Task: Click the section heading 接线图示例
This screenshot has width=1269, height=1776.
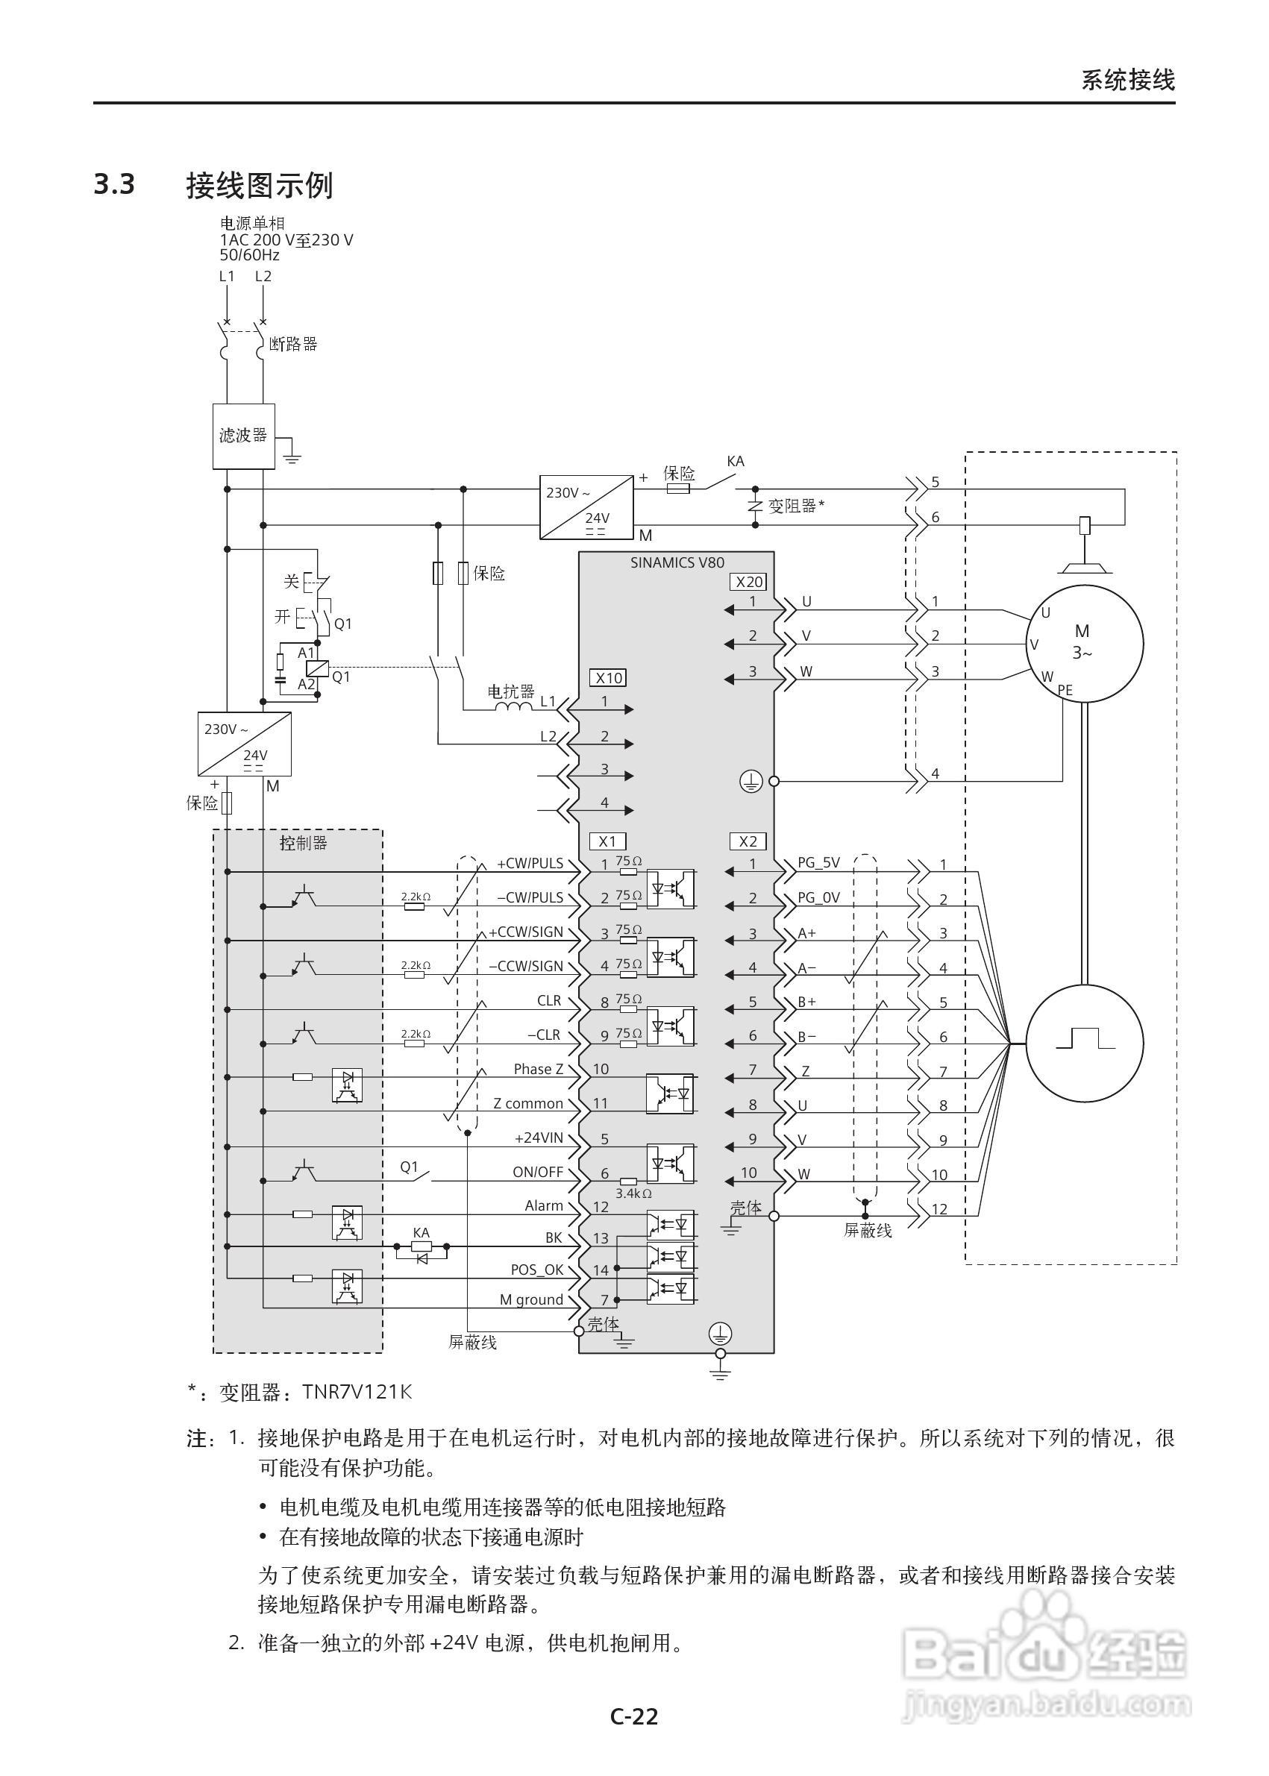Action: [259, 185]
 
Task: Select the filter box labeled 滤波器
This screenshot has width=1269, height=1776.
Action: [243, 436]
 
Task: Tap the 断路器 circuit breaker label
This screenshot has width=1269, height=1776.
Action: [293, 344]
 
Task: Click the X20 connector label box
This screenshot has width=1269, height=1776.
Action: [749, 581]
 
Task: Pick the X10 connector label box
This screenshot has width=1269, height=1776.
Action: [608, 677]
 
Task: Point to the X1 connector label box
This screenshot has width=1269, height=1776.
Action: [607, 841]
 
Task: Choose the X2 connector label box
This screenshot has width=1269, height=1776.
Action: [748, 841]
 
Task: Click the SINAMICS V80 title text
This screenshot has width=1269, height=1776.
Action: [677, 562]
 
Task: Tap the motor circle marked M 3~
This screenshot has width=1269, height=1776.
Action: [1084, 643]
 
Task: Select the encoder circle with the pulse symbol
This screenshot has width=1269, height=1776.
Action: [1084, 1041]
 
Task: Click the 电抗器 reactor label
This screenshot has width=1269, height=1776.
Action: [510, 691]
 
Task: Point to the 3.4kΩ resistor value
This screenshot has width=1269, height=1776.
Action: [633, 1193]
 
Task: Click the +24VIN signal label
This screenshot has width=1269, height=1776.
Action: [539, 1138]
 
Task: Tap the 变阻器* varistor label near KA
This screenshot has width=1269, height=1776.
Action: [795, 506]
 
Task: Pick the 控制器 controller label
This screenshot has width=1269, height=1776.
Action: [303, 843]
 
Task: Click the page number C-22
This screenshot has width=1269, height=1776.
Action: [633, 1716]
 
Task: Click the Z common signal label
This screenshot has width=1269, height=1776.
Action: [527, 1103]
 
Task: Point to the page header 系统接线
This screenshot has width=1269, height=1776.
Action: [1127, 80]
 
